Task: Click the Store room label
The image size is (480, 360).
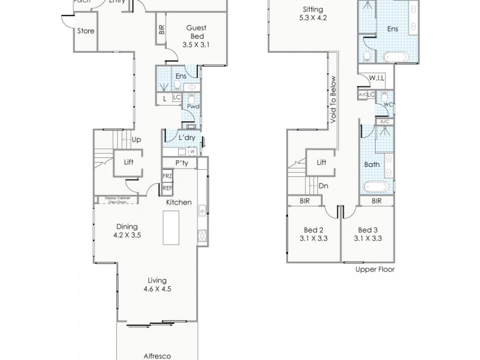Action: (x=86, y=31)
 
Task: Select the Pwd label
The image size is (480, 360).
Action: (x=192, y=107)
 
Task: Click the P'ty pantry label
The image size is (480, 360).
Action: (x=182, y=163)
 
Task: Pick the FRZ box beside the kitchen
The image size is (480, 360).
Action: (x=167, y=176)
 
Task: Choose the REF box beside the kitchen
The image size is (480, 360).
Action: (x=167, y=188)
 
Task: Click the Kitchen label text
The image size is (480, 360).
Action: (x=179, y=203)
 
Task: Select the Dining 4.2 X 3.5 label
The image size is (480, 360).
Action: (x=127, y=230)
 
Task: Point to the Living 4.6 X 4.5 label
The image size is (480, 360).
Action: (x=157, y=284)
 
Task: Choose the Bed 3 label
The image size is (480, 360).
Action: (x=368, y=233)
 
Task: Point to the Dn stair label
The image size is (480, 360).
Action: (x=323, y=186)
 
